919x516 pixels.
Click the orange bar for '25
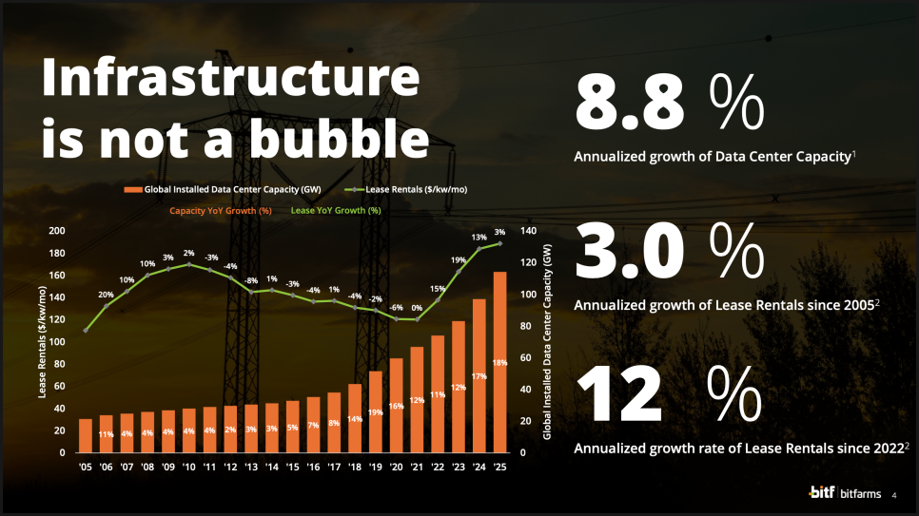[499, 361]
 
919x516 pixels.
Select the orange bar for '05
[86, 435]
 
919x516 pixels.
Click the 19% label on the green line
[459, 259]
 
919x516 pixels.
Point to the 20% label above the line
[107, 295]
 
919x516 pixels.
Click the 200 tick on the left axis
[57, 231]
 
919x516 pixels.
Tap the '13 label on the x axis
[251, 468]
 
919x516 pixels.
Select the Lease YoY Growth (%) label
[335, 210]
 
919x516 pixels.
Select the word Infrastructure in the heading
[229, 78]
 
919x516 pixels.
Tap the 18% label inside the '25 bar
[499, 363]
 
